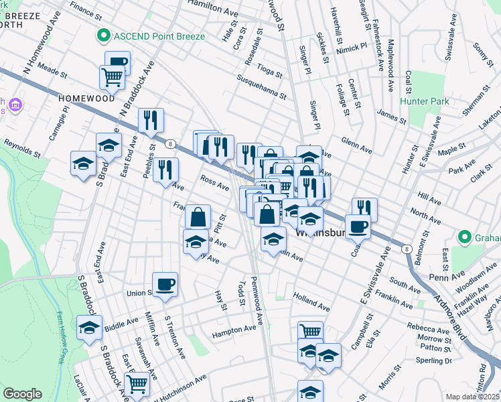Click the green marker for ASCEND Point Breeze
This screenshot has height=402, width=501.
[103, 35]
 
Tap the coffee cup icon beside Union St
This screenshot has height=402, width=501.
[165, 285]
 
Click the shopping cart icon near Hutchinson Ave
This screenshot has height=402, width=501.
[137, 383]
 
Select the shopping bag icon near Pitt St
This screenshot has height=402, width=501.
[198, 217]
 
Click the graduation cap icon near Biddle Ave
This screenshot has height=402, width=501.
[89, 328]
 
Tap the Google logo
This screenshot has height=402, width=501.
[22, 394]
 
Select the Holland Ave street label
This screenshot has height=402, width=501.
[311, 304]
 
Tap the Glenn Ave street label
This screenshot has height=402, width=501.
[356, 145]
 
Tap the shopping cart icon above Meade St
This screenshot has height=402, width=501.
[112, 77]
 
